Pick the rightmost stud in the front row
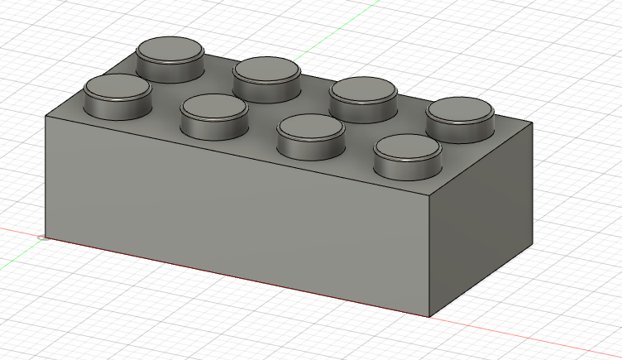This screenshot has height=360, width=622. [x=407, y=153]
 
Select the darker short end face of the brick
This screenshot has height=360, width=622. [x=484, y=223]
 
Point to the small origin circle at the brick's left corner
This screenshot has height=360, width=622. [x=43, y=238]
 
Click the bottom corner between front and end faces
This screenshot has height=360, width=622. [x=431, y=316]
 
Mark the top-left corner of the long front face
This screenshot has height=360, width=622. [x=45, y=116]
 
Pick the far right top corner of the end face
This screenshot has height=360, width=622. [x=532, y=126]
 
